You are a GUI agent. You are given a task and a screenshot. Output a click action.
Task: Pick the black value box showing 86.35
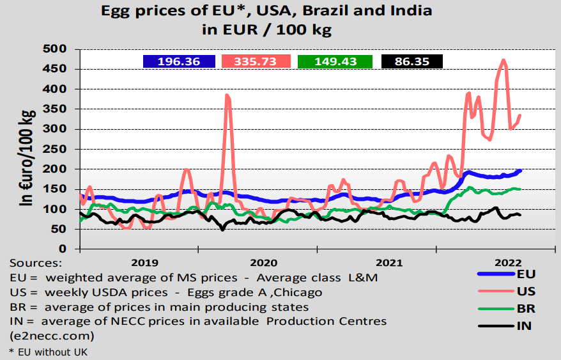pyautogui.click(x=412, y=61)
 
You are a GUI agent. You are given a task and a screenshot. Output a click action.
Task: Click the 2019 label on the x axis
pyautogui.click(x=144, y=262)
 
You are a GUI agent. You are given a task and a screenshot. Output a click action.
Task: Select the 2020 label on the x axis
pyautogui.click(x=263, y=262)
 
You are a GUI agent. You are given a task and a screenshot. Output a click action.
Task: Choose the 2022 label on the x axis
pyautogui.click(x=509, y=262)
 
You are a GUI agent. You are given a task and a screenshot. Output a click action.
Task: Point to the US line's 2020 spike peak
pyautogui.click(x=227, y=95)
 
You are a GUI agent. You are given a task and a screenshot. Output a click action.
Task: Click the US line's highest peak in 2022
pyautogui.click(x=503, y=61)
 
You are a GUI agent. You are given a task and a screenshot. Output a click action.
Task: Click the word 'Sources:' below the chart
pyautogui.click(x=36, y=263)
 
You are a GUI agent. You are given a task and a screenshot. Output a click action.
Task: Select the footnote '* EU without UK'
pyautogui.click(x=48, y=352)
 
